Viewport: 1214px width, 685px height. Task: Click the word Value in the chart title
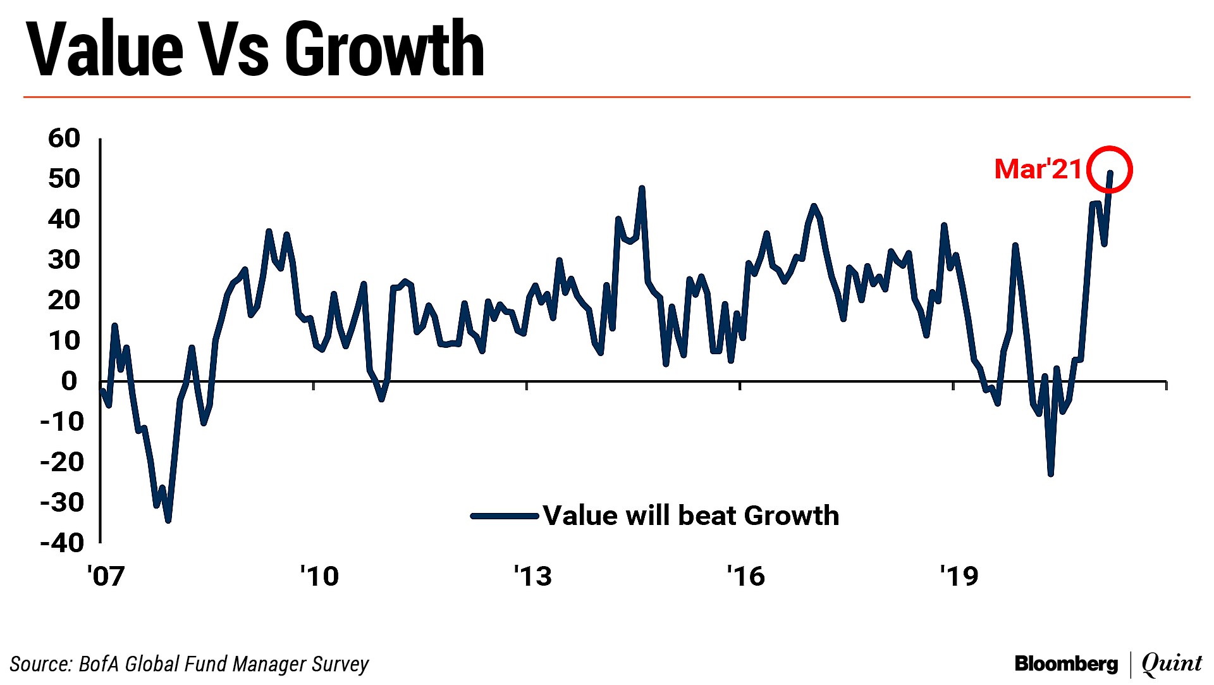105,49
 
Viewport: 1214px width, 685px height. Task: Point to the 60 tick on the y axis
64,138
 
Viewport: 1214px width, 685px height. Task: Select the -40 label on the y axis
62,543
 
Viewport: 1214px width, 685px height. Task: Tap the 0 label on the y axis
69,381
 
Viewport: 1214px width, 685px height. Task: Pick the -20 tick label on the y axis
62,462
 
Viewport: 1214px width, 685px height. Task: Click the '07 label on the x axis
106,576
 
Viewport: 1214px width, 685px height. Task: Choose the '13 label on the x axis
532,576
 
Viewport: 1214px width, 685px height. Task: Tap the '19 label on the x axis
959,576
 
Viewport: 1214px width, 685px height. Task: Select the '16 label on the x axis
746,576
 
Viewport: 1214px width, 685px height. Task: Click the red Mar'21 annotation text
1038,169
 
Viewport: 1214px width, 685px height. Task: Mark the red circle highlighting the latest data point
1110,170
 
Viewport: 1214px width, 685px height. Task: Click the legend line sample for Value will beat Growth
505,516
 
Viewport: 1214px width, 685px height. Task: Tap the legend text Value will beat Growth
690,516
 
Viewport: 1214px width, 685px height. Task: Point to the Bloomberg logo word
1066,663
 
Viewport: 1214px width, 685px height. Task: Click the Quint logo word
1172,663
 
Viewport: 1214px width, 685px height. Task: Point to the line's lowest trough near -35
168,521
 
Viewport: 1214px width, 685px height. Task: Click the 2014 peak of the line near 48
642,188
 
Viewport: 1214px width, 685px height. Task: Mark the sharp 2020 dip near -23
1051,474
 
